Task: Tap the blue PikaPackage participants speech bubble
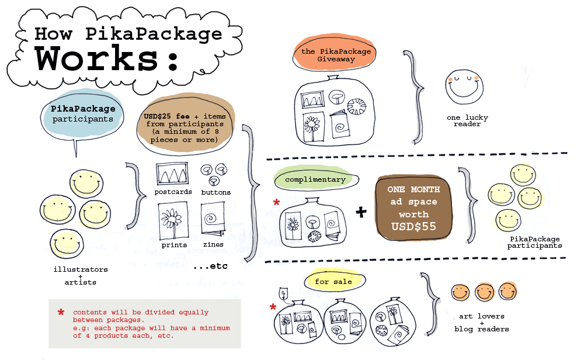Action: coord(83,114)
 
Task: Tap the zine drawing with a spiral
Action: coord(211,220)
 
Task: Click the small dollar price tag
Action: coord(284,292)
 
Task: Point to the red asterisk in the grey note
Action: coord(61,313)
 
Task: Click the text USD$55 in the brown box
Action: coord(413,227)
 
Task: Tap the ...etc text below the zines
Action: coord(210,266)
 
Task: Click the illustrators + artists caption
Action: coord(80,276)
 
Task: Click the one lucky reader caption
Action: coord(467,121)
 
